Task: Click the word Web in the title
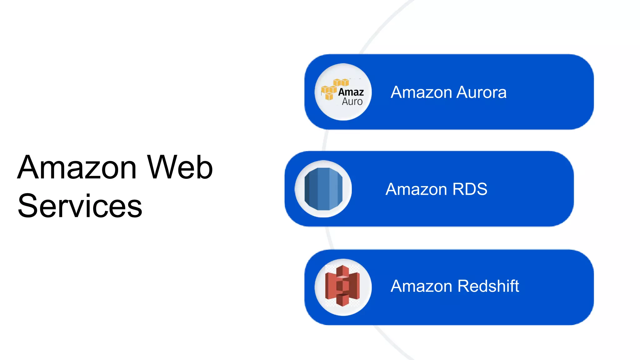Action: pos(180,167)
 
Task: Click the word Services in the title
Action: pos(80,206)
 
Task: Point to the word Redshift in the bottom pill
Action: pos(488,286)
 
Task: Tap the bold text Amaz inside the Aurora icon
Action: pos(351,92)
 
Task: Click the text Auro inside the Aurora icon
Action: pos(352,102)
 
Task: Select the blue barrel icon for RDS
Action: pos(323,189)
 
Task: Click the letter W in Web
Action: pos(163,167)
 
